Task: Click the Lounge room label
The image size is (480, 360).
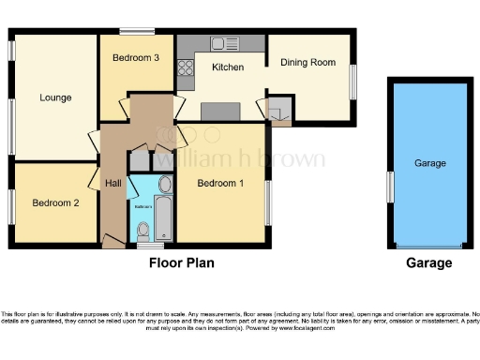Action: [55, 97]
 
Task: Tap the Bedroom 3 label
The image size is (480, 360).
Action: [136, 58]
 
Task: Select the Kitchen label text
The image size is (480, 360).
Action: [228, 67]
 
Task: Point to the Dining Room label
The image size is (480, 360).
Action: [308, 63]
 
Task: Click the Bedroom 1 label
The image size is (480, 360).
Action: [220, 184]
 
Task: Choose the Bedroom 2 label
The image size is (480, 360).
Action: [54, 202]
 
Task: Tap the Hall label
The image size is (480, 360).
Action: [113, 183]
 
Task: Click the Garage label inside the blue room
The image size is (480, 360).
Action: [429, 163]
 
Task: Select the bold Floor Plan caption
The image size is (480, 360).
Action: [182, 263]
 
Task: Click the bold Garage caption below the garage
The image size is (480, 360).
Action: [428, 263]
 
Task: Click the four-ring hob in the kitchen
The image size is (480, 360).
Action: [184, 67]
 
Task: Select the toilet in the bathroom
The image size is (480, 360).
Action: [142, 230]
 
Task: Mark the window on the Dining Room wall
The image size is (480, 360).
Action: [354, 81]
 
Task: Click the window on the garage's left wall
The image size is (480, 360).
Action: [388, 186]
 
